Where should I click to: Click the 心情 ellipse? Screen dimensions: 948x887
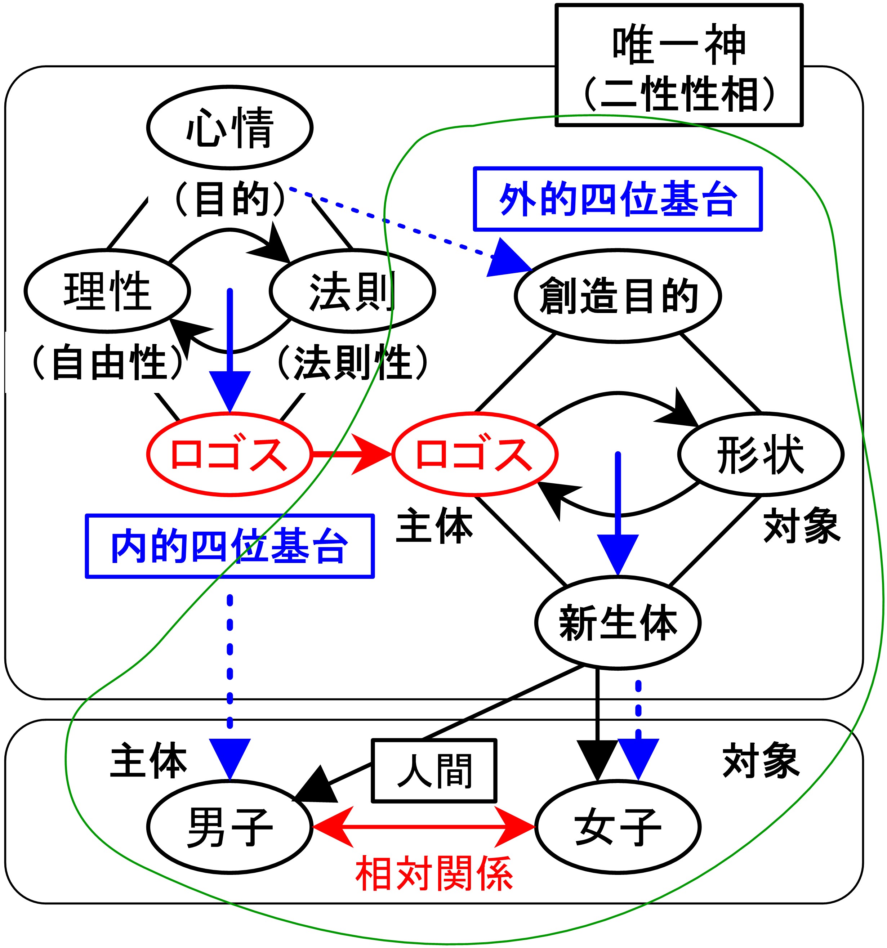click(x=229, y=127)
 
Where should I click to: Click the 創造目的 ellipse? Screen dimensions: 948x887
click(x=618, y=296)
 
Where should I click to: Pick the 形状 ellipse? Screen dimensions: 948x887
click(x=761, y=454)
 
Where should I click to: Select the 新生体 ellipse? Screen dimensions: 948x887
click(x=618, y=622)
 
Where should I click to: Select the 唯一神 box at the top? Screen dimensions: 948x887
click(x=679, y=65)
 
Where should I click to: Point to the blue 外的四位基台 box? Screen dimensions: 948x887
click(x=618, y=199)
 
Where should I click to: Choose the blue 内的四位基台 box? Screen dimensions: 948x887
click(x=229, y=546)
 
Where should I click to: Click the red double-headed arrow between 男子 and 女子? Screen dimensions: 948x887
click(x=423, y=827)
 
